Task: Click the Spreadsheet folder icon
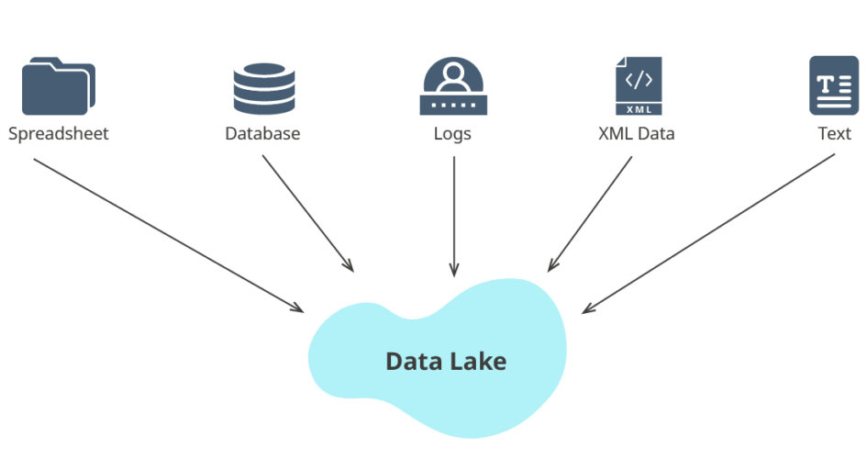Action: click(x=58, y=85)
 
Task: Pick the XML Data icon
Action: click(x=638, y=85)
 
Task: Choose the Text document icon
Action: click(x=833, y=85)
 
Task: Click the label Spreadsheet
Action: click(x=58, y=134)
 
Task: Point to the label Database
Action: click(x=262, y=134)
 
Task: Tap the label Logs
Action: click(x=452, y=134)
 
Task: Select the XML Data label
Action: click(x=636, y=134)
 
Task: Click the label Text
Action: click(x=834, y=134)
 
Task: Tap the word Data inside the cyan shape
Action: click(x=411, y=362)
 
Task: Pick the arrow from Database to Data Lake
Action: click(x=307, y=214)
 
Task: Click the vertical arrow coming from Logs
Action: click(x=453, y=217)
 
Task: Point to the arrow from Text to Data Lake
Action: click(x=708, y=233)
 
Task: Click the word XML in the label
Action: click(x=613, y=134)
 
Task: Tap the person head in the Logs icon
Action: click(x=451, y=72)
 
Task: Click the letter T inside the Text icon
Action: click(x=826, y=84)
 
